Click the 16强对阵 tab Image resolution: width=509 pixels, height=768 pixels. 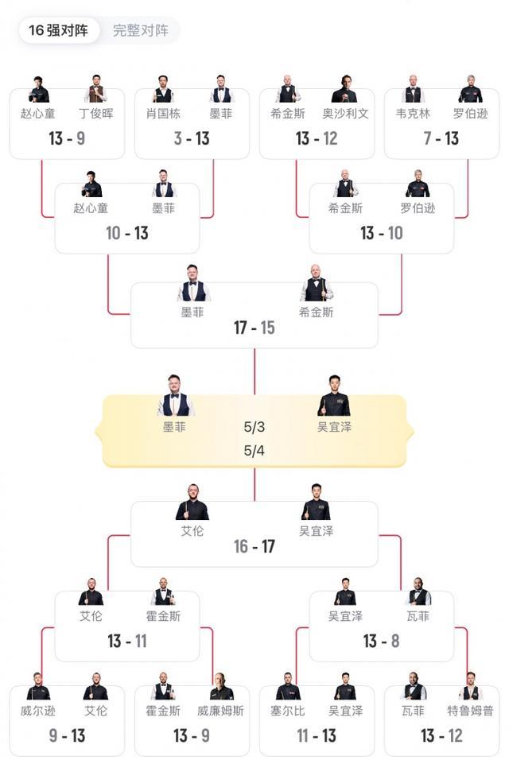click(58, 30)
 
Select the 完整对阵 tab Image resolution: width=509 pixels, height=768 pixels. click(141, 30)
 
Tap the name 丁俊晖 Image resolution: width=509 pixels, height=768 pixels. click(96, 114)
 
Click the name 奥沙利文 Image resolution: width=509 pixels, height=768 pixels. click(345, 114)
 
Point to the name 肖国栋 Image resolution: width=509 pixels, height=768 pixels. click(163, 114)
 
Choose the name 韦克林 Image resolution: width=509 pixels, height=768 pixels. click(413, 114)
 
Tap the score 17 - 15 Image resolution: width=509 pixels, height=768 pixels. click(254, 328)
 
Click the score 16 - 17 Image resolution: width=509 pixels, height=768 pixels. click(254, 546)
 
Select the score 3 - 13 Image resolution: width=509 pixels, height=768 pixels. click(192, 138)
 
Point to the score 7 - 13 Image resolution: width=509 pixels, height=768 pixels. click(441, 138)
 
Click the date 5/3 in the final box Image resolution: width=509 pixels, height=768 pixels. click(254, 427)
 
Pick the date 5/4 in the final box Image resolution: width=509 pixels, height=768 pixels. click(254, 451)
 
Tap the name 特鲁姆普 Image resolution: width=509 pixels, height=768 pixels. click(470, 711)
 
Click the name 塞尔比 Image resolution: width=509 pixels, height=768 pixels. click(288, 711)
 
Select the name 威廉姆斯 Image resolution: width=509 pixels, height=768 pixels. click(220, 711)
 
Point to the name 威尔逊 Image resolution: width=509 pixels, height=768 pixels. click(37, 711)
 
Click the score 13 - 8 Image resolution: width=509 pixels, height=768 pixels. click(381, 641)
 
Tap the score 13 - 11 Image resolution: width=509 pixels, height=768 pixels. click(127, 641)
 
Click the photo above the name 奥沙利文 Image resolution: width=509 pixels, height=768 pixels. click(344, 89)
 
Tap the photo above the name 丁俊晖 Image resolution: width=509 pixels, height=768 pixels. click(95, 89)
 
